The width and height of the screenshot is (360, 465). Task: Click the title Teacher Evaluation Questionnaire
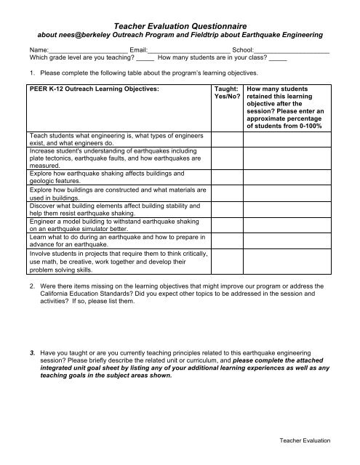pos(180,25)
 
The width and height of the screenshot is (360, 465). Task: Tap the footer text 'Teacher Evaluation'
pos(305,441)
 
